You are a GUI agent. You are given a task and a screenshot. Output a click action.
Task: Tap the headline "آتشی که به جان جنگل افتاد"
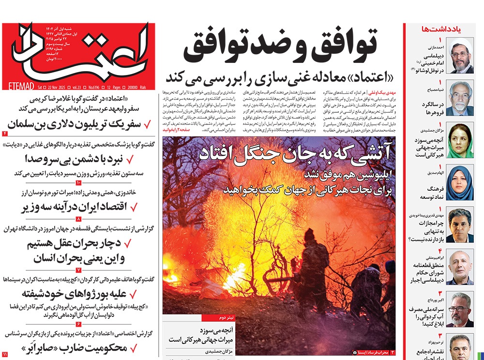310,154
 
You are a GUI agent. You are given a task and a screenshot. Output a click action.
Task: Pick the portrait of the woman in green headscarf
459,140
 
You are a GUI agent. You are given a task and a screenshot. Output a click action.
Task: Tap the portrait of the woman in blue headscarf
459,182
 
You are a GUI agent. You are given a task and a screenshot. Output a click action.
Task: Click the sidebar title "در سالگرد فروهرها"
424,107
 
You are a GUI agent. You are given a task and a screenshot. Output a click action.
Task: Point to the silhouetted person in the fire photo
310,271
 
